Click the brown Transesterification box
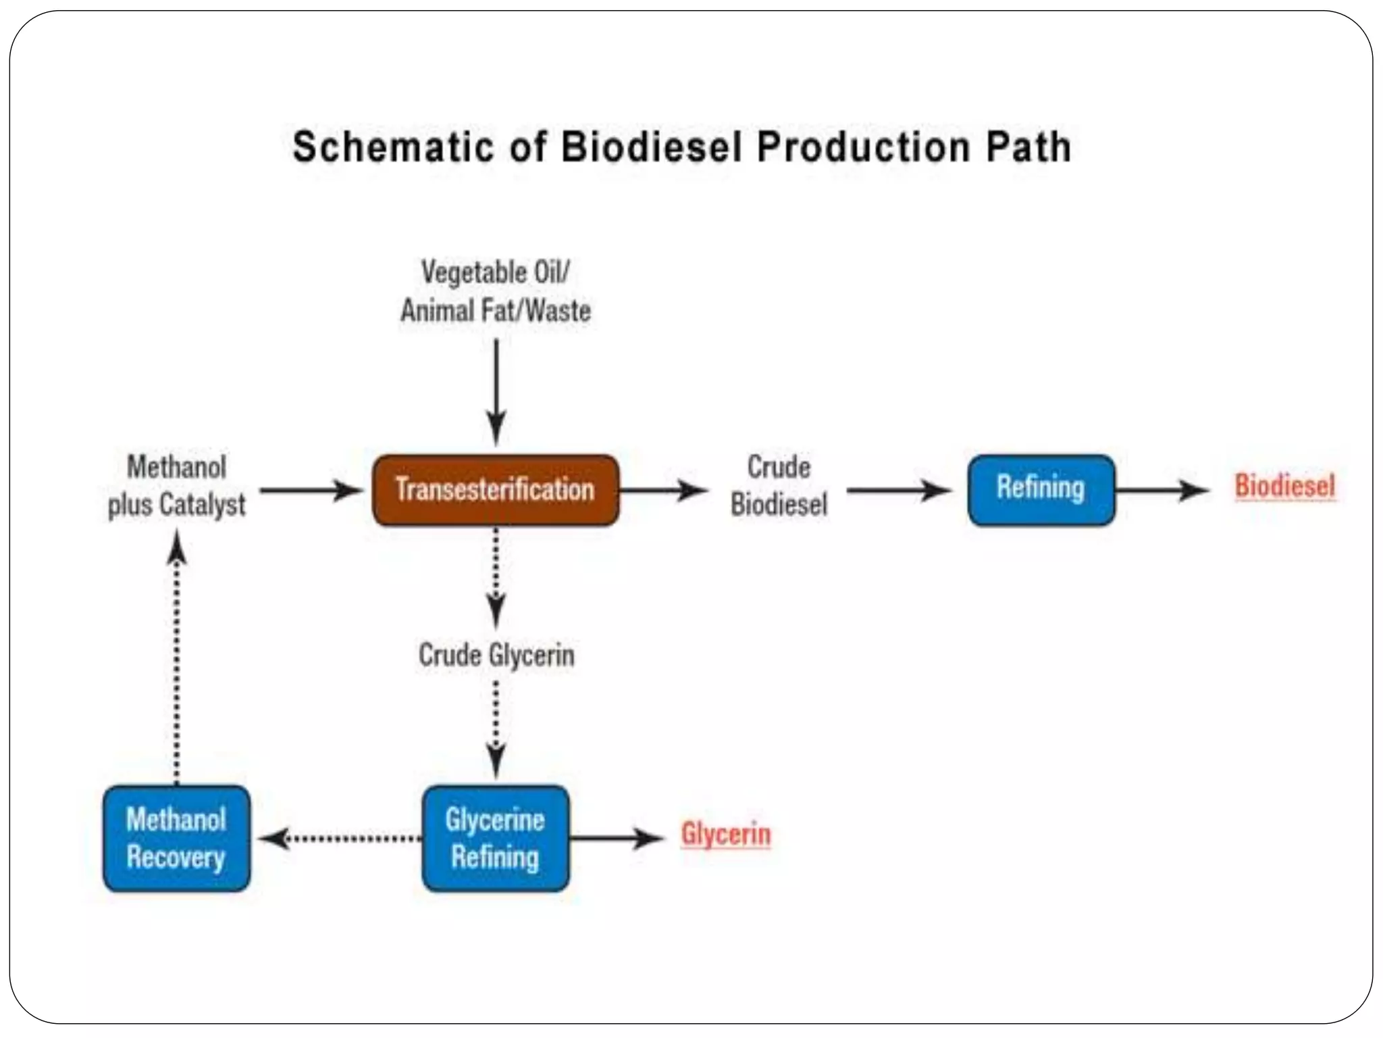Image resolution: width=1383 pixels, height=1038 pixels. (x=495, y=490)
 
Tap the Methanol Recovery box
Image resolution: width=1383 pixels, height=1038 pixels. (x=176, y=838)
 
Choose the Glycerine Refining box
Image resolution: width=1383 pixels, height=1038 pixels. (x=495, y=838)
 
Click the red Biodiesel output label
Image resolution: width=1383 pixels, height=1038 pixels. (x=1284, y=487)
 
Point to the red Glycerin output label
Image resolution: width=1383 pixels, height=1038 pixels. (x=725, y=834)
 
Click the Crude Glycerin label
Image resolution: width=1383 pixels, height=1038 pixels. (x=496, y=656)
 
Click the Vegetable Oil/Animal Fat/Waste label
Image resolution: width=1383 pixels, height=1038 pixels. (x=496, y=292)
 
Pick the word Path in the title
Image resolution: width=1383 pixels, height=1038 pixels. (x=1028, y=147)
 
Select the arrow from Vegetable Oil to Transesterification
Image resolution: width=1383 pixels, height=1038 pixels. (x=496, y=392)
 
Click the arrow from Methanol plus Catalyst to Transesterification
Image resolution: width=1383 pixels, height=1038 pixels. (x=311, y=491)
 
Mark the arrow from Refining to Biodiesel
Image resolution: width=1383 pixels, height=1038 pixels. (x=1162, y=491)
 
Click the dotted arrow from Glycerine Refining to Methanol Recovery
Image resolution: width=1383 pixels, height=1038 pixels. (x=341, y=839)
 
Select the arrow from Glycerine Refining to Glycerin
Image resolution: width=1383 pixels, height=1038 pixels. (x=616, y=839)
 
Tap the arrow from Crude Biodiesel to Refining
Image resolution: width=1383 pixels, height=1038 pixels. (x=898, y=491)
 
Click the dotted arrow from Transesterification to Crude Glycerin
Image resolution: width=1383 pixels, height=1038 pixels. (x=496, y=578)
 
